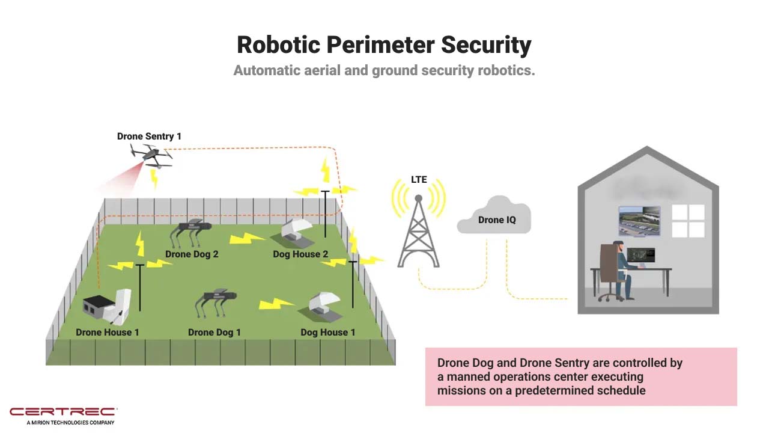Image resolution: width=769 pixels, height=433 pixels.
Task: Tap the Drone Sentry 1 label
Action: pos(149,137)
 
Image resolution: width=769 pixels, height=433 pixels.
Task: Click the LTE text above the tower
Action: pos(419,180)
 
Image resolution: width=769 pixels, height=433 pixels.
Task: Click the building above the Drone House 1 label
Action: pos(107,307)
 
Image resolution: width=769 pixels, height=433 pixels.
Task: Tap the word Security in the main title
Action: pos(487,45)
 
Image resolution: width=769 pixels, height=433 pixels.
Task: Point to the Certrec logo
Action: pos(62,412)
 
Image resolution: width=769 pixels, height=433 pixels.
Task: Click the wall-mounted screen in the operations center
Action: pos(639,221)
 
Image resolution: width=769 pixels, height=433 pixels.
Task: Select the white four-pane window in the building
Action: pos(688,221)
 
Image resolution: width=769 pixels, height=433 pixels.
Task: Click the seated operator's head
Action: pos(619,247)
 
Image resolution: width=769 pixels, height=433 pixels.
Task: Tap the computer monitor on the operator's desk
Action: pos(640,257)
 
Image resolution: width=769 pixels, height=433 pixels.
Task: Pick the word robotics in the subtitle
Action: pos(505,70)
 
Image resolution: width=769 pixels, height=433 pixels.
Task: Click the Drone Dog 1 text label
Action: pos(214,333)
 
